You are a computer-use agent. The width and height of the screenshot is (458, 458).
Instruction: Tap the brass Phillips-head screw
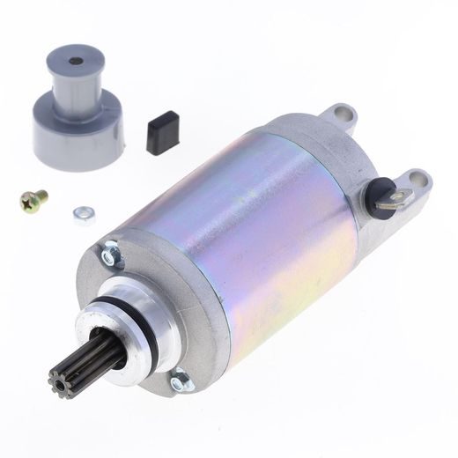pyautogui.click(x=33, y=201)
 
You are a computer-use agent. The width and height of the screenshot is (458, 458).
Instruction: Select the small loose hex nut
pyautogui.click(x=84, y=214)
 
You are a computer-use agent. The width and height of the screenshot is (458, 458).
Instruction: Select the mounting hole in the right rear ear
pyautogui.click(x=419, y=181)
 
